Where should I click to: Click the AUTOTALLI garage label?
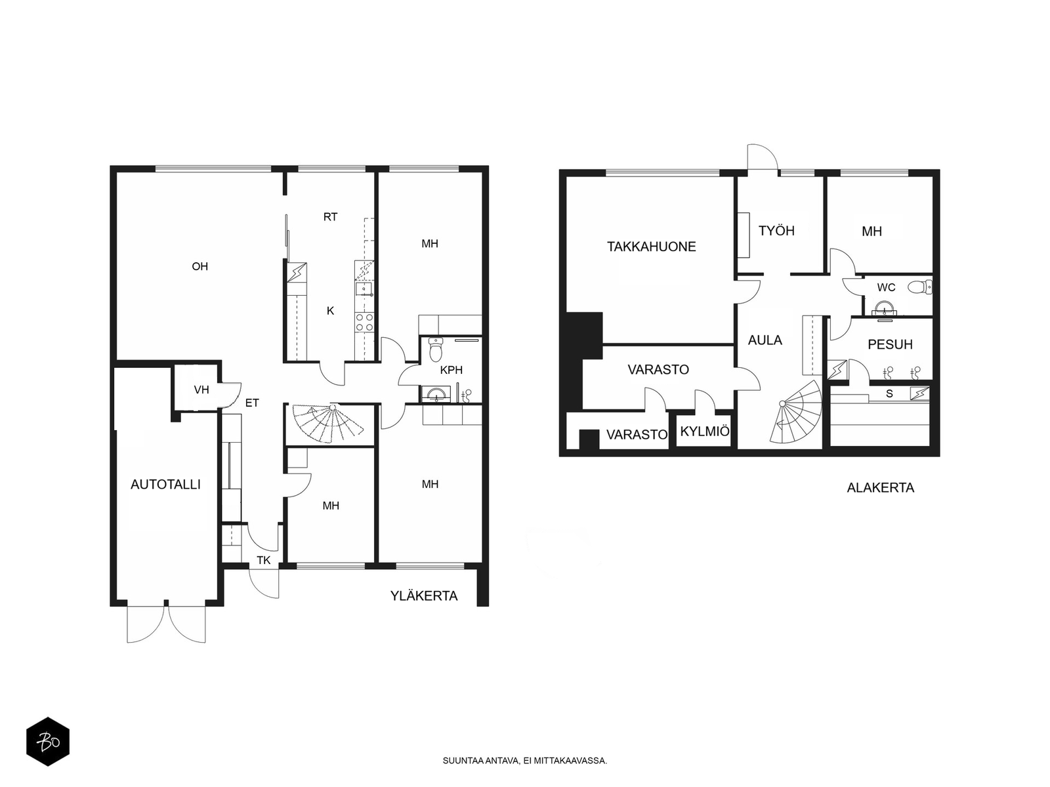point(165,485)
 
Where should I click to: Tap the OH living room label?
point(200,267)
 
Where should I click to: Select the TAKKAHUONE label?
point(651,247)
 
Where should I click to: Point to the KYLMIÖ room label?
point(705,431)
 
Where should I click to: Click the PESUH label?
point(890,344)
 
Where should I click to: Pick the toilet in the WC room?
point(919,287)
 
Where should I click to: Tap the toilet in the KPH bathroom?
point(436,350)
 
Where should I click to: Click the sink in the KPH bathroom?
point(436,393)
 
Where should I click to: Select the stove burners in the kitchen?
point(364,322)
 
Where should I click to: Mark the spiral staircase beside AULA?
point(795,412)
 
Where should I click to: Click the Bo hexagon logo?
point(48,741)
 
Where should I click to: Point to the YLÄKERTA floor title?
point(424,596)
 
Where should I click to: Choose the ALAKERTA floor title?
point(880,488)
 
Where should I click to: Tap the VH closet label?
point(201,390)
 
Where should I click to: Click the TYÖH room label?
point(776,231)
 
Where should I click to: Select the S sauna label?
point(889,393)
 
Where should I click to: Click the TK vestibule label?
point(264,561)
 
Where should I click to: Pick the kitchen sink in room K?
point(364,289)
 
